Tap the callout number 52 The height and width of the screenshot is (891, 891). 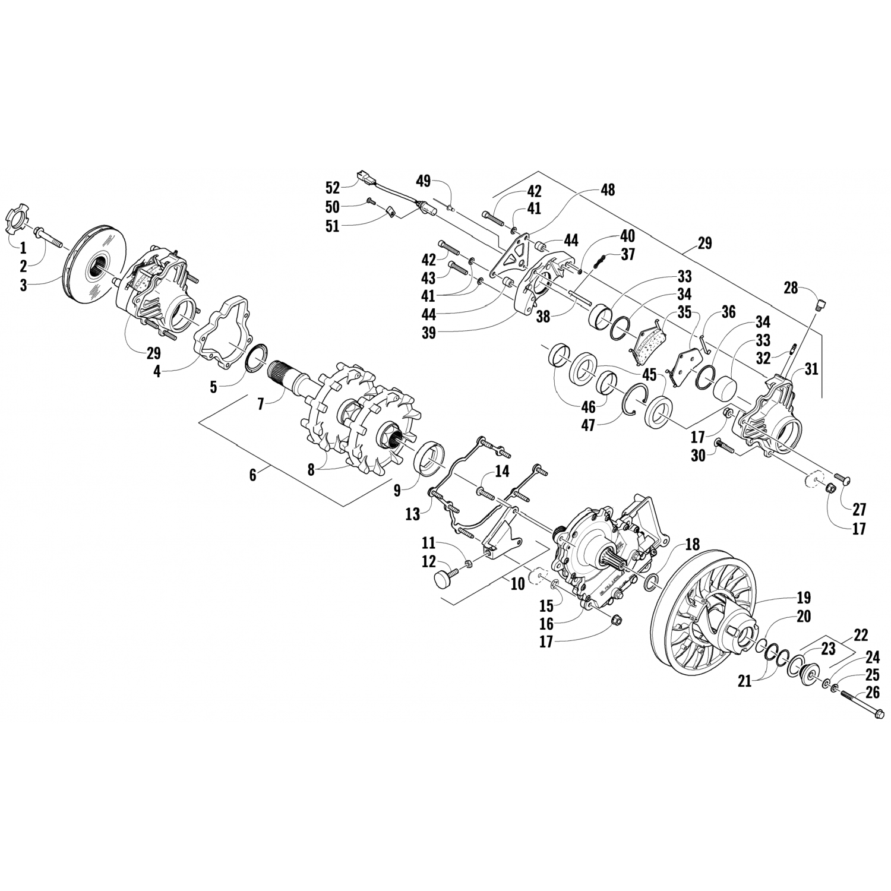(x=333, y=188)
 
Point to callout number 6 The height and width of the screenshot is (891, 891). (x=253, y=475)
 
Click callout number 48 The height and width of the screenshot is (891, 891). (x=608, y=189)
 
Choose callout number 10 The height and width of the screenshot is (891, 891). (x=517, y=583)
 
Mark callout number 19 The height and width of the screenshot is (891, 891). (x=804, y=598)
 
